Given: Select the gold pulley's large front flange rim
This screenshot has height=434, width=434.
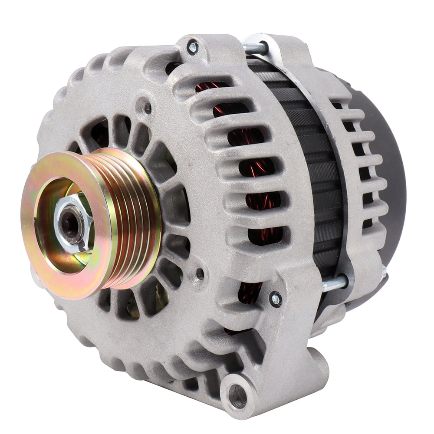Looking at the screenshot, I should [41, 256].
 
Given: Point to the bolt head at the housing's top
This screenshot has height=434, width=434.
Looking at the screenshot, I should [192, 46].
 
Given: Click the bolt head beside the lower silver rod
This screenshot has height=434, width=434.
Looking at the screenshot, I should [275, 299].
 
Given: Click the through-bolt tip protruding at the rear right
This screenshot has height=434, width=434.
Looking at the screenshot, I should [384, 271].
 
